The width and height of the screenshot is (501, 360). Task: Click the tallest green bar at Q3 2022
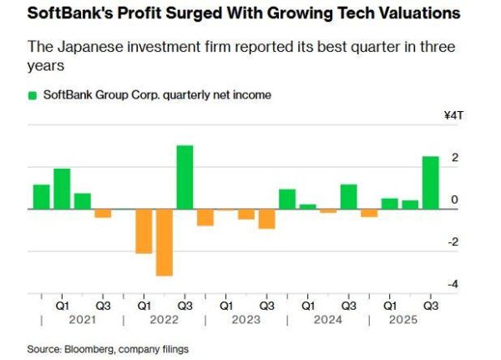[x=185, y=177]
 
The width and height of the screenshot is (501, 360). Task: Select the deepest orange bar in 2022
[x=164, y=241]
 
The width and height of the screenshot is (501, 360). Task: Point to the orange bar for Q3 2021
[x=103, y=213]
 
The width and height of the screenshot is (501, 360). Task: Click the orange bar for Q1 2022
[x=144, y=231]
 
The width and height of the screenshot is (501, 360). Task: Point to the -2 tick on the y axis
[x=453, y=242]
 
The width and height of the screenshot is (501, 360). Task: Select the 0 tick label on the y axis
[x=453, y=200]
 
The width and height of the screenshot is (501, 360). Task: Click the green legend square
[x=33, y=95]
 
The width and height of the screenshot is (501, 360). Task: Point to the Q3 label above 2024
[x=348, y=306]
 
